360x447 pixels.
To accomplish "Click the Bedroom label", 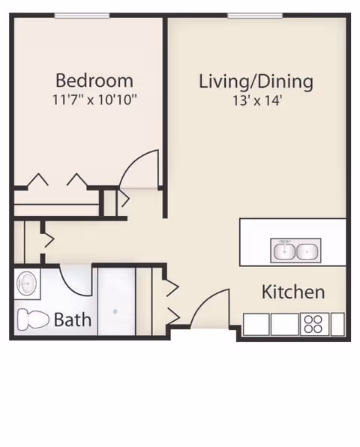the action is click(x=94, y=81).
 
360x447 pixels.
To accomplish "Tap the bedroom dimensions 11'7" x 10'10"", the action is click(x=94, y=100).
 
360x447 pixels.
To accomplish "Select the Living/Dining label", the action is click(x=256, y=82).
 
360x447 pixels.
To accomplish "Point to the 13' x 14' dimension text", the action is click(x=257, y=100).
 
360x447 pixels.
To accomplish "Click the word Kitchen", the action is click(x=293, y=292).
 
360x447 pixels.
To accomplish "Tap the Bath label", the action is click(x=73, y=319).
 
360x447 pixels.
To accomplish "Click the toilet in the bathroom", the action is click(x=33, y=319).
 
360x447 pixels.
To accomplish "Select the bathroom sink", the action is click(x=27, y=283).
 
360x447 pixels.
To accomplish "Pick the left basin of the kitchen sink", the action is click(x=285, y=250).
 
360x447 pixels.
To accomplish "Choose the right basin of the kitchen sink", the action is click(x=307, y=251).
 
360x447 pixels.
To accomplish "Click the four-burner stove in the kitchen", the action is click(x=314, y=324).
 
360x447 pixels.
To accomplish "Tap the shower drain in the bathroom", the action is click(x=115, y=311).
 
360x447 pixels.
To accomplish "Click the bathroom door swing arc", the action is click(x=70, y=286).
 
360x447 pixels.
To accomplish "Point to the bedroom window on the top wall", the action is click(x=82, y=16).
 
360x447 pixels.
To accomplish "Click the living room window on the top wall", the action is click(x=255, y=16).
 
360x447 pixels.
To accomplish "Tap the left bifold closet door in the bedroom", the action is click(x=37, y=179).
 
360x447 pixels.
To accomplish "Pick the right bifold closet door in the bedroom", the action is click(x=77, y=179).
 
